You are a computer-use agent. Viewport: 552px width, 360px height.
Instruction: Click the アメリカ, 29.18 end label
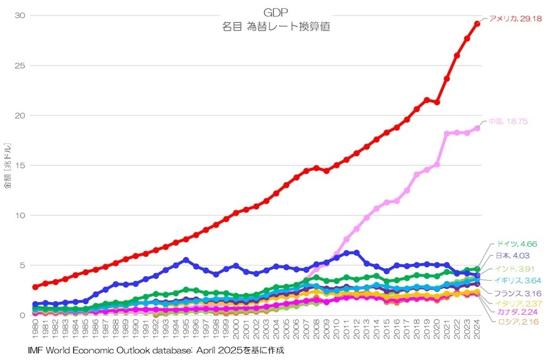click(x=515, y=19)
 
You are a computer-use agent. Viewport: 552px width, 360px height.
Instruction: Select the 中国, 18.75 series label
click(x=508, y=121)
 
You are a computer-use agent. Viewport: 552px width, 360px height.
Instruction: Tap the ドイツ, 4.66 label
click(x=516, y=244)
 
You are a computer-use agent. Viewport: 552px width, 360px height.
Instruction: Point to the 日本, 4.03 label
click(x=512, y=255)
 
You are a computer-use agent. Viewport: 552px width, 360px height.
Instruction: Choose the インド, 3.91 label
click(x=515, y=269)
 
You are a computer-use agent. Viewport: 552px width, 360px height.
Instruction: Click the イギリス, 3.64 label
click(x=517, y=280)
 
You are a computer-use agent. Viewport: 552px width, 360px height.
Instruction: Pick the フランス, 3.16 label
click(x=517, y=293)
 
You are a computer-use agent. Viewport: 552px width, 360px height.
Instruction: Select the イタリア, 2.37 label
click(x=518, y=303)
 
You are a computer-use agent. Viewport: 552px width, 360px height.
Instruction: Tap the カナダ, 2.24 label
click(x=517, y=312)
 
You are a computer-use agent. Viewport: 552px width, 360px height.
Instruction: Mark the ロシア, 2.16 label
click(x=518, y=322)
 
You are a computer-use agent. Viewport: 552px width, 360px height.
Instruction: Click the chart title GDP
click(x=276, y=12)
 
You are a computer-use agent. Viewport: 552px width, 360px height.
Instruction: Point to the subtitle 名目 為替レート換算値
click(x=276, y=27)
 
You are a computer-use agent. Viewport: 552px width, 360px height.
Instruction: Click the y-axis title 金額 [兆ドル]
click(x=8, y=165)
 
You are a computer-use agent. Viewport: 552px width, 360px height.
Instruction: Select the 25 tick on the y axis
click(x=20, y=66)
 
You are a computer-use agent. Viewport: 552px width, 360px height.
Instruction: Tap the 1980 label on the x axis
click(x=35, y=329)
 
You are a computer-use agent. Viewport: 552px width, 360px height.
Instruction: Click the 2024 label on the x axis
click(x=477, y=329)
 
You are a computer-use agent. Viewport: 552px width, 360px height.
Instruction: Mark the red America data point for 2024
click(x=477, y=24)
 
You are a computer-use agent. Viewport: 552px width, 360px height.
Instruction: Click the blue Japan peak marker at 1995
click(x=186, y=260)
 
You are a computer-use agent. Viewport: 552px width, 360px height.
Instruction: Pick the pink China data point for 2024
click(x=477, y=128)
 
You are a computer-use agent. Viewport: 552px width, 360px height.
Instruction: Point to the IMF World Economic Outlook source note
click(x=156, y=350)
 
